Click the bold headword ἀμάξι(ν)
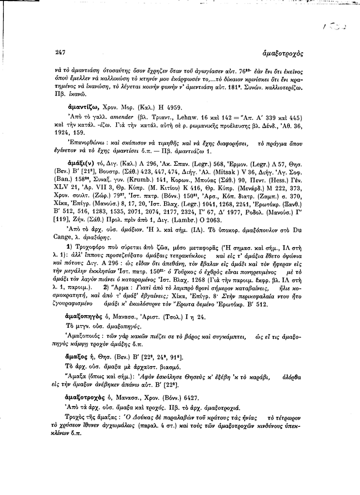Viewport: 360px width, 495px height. coord(84,164)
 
